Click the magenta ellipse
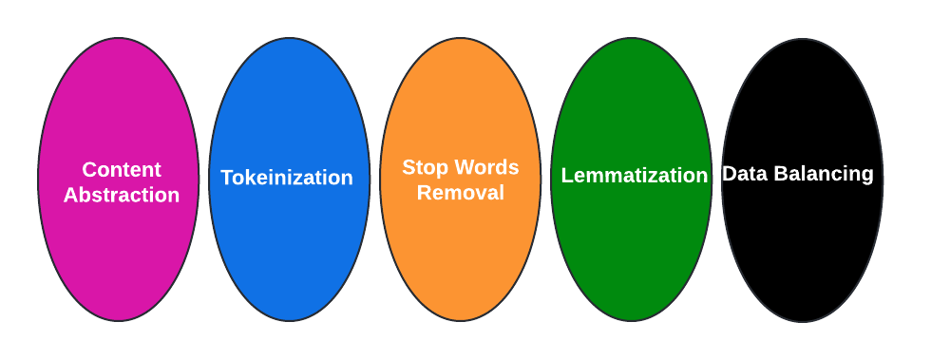119,247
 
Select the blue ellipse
289,247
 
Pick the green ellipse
632,247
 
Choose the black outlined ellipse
803,247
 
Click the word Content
122,170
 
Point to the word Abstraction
122,196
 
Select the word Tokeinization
287,178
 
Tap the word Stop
424,168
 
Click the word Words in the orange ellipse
485,168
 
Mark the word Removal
461,193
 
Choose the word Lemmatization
634,176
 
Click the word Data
744,174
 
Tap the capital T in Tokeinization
227,178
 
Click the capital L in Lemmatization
567,176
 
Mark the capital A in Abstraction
71,196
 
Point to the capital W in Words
463,168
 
